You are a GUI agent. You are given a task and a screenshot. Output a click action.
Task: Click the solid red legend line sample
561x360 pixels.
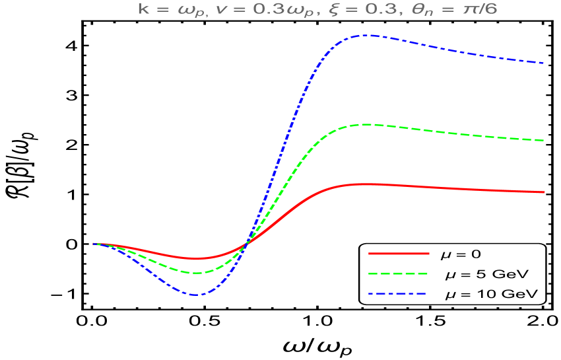point(399,253)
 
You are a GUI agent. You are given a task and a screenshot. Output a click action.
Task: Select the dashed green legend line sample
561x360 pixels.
point(399,273)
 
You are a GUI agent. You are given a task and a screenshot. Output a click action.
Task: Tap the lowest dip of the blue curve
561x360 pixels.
point(195,295)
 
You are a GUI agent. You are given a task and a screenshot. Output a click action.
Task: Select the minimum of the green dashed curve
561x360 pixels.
point(195,273)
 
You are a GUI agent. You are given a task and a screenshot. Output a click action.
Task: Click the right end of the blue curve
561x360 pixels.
point(544,63)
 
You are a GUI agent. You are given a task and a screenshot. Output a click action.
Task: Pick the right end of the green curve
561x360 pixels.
point(544,140)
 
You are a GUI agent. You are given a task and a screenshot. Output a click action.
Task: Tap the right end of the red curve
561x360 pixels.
point(544,192)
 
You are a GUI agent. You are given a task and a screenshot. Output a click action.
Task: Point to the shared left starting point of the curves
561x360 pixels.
point(94,244)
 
